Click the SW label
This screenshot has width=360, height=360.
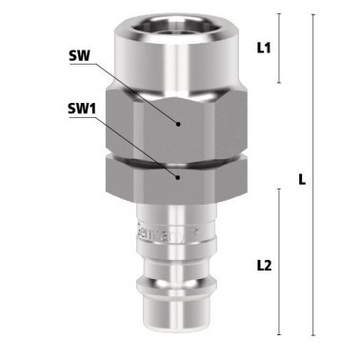tap(79, 55)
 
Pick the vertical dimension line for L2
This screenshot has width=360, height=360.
tap(277, 261)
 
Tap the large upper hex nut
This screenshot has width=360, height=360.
tap(179, 119)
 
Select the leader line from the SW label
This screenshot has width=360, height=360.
tap(133, 89)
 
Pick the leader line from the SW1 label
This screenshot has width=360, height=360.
tap(133, 142)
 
